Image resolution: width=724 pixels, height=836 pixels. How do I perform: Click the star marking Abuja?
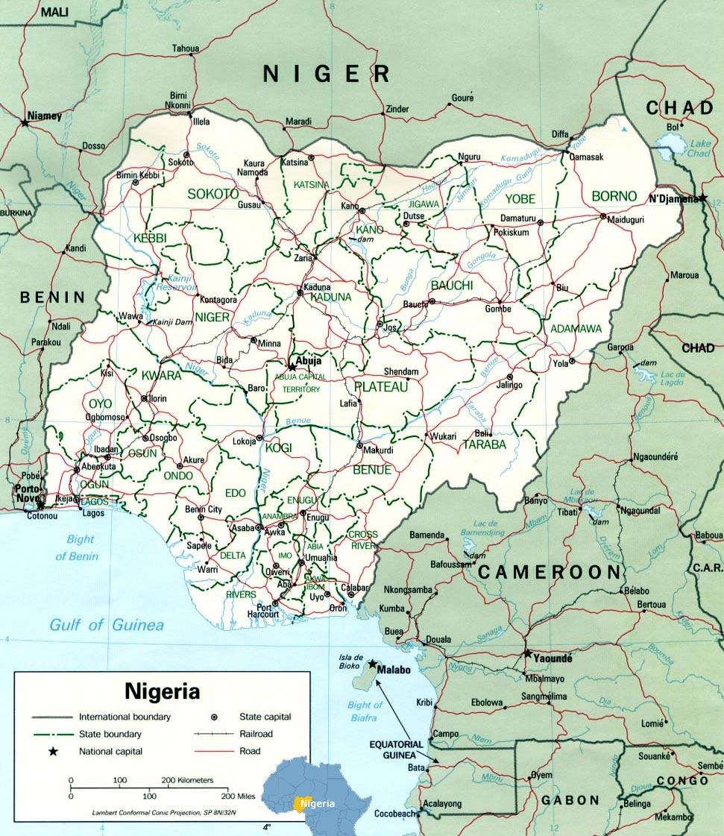click(292, 366)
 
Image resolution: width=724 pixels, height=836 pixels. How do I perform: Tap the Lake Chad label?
click(699, 148)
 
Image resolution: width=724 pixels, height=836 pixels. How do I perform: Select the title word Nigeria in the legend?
click(162, 691)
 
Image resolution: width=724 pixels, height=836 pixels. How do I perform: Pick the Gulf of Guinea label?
click(107, 625)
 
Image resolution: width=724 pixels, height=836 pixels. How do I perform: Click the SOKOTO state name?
click(213, 193)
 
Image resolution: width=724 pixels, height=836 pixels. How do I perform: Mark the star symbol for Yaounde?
click(528, 653)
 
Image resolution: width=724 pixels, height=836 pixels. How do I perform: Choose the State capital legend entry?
click(265, 717)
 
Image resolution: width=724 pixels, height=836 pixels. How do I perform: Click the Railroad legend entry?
click(256, 734)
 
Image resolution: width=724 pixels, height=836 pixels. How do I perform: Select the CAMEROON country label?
click(550, 572)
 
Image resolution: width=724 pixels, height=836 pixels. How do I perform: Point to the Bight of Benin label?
click(77, 547)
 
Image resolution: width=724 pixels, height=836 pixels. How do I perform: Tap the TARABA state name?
click(484, 444)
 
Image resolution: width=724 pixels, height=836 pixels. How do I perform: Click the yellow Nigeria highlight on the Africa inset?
click(301, 803)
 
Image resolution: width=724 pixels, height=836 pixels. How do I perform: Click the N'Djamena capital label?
click(673, 198)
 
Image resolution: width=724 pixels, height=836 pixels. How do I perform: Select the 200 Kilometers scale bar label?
click(186, 780)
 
